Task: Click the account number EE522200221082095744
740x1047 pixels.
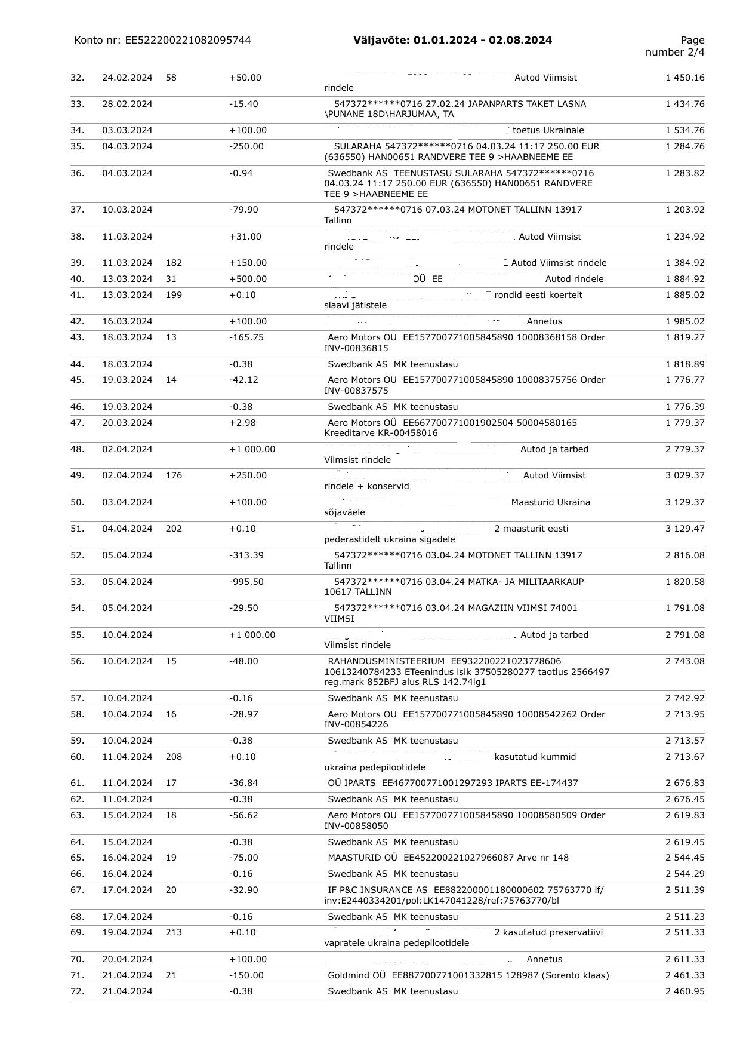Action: click(187, 40)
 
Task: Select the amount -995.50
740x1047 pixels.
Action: click(246, 582)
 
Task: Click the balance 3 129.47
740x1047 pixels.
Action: click(684, 529)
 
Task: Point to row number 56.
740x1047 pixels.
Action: click(77, 661)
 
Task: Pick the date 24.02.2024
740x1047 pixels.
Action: click(127, 78)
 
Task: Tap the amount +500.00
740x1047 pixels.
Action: click(248, 279)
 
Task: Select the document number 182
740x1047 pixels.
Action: click(174, 263)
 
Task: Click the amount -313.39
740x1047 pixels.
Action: click(246, 555)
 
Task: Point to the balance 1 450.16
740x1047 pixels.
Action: click(684, 78)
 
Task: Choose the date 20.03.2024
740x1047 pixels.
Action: click(127, 423)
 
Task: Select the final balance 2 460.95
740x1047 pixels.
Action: click(684, 991)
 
